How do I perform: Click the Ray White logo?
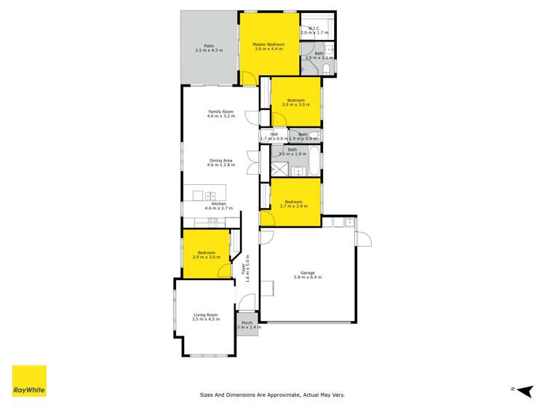point(29,381)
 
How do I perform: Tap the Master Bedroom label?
point(268,44)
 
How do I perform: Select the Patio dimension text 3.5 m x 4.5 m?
point(209,50)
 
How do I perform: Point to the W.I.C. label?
point(315,28)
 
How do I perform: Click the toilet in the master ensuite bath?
point(327,69)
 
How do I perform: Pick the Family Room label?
point(220,111)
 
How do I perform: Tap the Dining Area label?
point(220,160)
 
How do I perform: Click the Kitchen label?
point(219,204)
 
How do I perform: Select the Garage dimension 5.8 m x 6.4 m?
point(307,277)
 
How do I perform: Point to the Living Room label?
point(205,314)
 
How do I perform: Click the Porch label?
point(247,322)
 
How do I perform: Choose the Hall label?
point(274,133)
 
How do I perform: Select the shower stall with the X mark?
point(279,170)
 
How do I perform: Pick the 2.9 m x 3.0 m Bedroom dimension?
point(206,257)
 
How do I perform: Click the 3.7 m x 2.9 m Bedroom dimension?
point(294,206)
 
